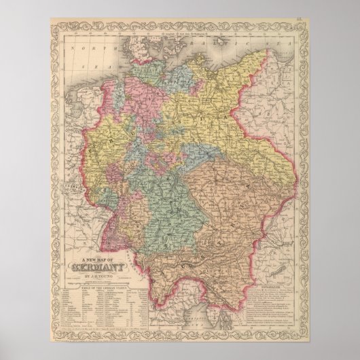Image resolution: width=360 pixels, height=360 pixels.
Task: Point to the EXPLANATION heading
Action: coord(270,276)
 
